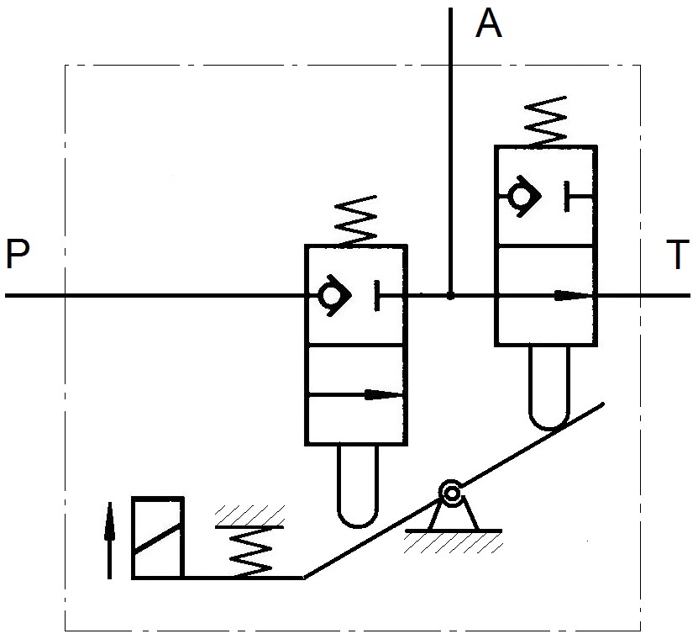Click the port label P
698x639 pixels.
pos(18,255)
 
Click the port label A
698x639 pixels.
pos(489,24)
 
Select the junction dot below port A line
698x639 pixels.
pos(451,296)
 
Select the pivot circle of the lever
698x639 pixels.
pos(453,493)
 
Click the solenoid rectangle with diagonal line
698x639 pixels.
pos(157,537)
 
